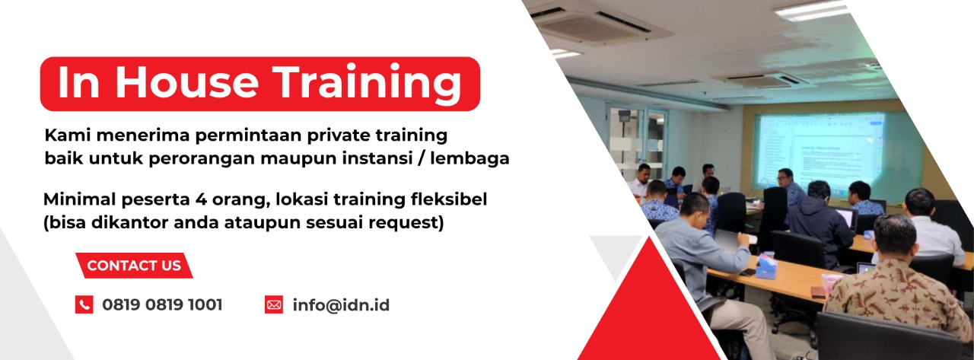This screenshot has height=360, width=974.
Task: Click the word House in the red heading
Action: [x=187, y=82]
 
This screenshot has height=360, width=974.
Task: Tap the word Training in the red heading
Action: [x=369, y=84]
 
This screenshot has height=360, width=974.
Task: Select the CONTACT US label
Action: [x=134, y=265]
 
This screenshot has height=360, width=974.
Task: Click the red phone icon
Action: [x=84, y=304]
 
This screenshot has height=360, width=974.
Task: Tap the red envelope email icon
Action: [x=274, y=304]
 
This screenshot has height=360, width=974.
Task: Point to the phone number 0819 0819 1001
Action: [x=162, y=304]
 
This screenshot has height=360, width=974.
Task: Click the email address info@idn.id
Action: [x=341, y=304]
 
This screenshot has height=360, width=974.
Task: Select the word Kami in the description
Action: [x=67, y=135]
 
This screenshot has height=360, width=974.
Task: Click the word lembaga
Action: [x=469, y=158]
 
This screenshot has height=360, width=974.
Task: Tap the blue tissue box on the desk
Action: [x=766, y=266]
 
